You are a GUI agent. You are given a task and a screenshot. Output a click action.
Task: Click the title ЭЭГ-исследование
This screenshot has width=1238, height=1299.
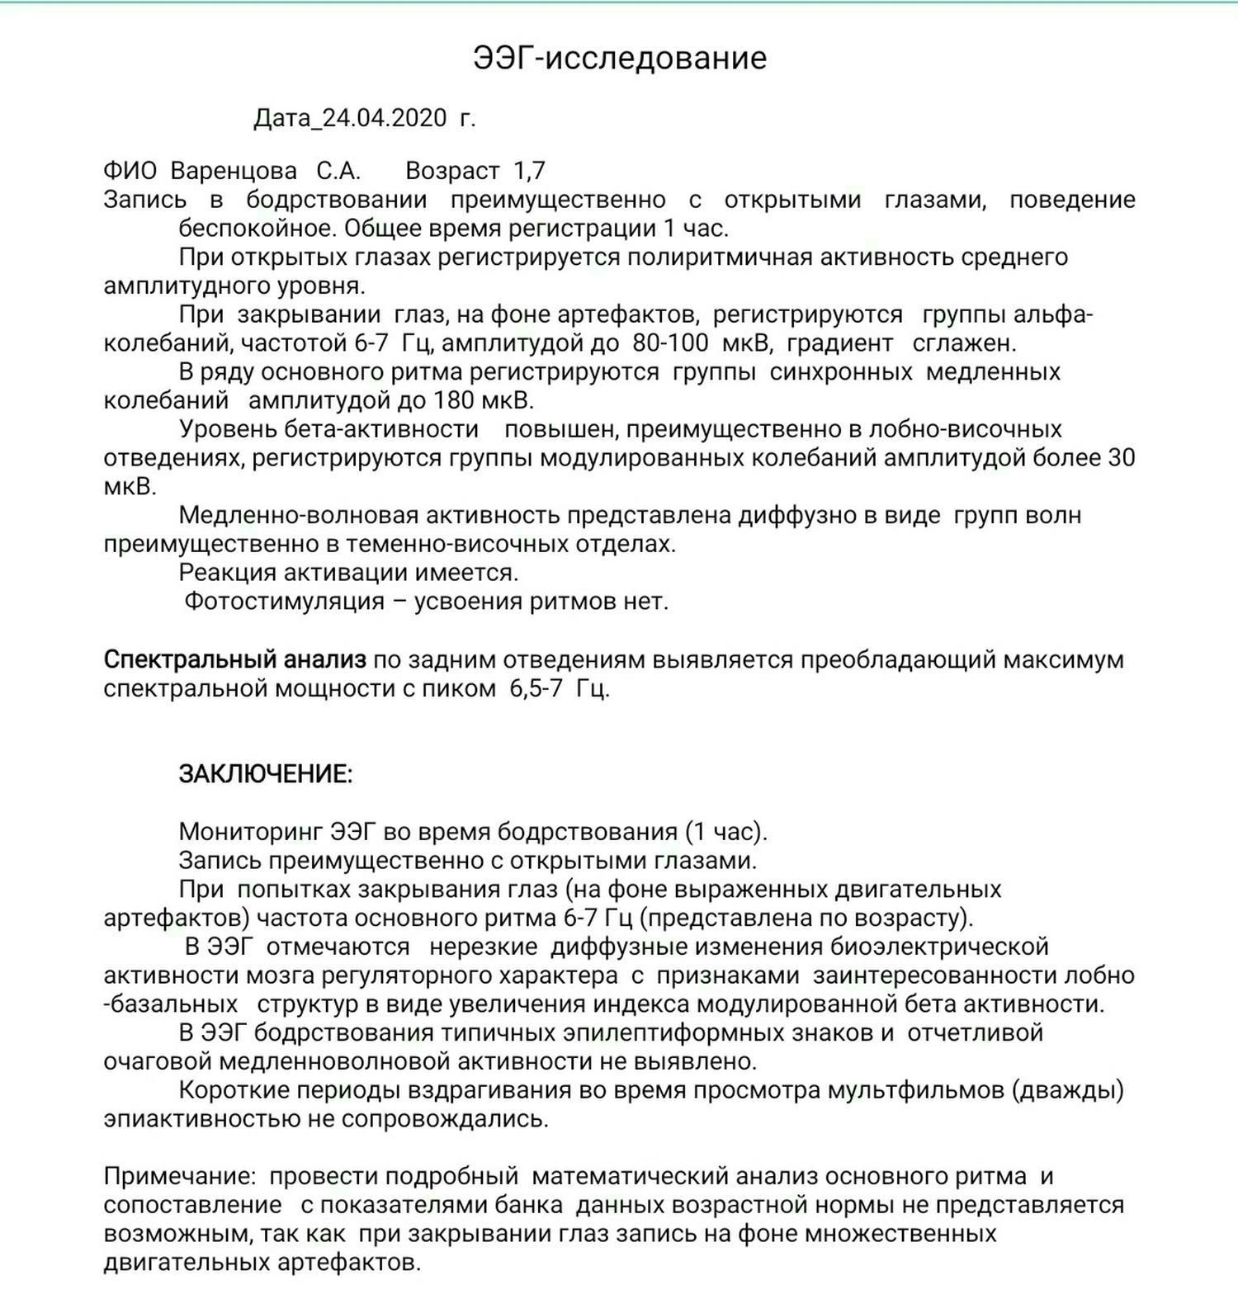pyautogui.click(x=620, y=59)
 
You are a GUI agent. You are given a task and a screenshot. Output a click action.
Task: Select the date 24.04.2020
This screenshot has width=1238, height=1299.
pyautogui.click(x=384, y=119)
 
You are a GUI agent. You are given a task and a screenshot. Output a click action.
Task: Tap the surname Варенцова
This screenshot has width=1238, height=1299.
pyautogui.click(x=234, y=171)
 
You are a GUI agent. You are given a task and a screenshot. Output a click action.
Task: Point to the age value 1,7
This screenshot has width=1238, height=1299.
pyautogui.click(x=529, y=171)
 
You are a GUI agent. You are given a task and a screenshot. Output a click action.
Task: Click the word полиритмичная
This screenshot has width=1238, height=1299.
pyautogui.click(x=720, y=257)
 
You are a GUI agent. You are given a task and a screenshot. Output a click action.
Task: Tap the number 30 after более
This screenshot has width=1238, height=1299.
pyautogui.click(x=1121, y=458)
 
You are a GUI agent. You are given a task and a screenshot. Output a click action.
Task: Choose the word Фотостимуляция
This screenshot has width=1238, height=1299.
pyautogui.click(x=284, y=602)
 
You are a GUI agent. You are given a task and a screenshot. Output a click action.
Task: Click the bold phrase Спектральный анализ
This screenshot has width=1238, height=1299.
pyautogui.click(x=234, y=660)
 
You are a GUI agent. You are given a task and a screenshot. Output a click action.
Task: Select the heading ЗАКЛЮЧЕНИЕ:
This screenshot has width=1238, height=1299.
pyautogui.click(x=266, y=774)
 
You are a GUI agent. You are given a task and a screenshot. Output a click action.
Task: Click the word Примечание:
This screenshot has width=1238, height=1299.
pyautogui.click(x=179, y=1177)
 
